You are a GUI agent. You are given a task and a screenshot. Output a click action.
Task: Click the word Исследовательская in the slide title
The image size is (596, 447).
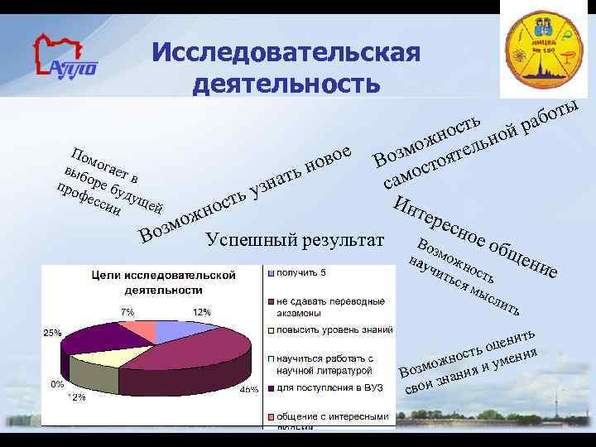(x=286, y=54)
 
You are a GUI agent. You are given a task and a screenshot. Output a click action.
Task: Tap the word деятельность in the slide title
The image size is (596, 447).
(x=286, y=84)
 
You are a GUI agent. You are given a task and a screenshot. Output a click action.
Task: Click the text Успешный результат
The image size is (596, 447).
(x=295, y=241)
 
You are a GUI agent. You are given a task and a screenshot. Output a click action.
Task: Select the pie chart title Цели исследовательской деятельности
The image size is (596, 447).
(x=163, y=282)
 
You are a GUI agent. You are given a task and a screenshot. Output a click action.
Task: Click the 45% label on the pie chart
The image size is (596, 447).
(x=248, y=389)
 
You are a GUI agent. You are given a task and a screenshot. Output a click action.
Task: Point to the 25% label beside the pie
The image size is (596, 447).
(x=52, y=332)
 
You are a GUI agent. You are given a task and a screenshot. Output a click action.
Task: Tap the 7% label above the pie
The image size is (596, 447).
(x=127, y=311)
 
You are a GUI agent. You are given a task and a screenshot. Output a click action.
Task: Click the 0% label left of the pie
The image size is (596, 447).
(x=57, y=384)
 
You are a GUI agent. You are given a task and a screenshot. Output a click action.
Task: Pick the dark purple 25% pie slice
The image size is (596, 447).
(x=95, y=340)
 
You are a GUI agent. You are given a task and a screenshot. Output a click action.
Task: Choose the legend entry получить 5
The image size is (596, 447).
(x=301, y=272)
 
